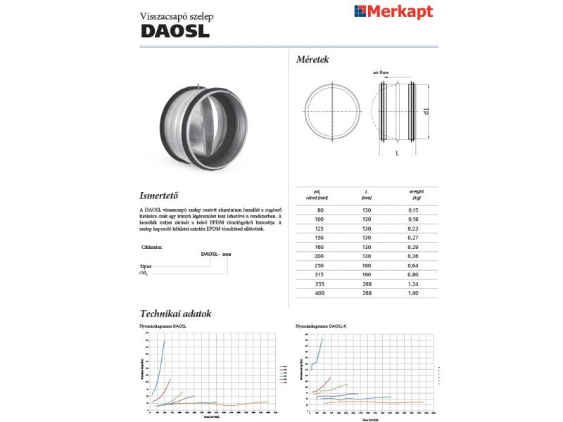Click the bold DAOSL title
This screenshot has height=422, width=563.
pyautogui.click(x=175, y=31)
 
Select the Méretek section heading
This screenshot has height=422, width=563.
pyautogui.click(x=312, y=60)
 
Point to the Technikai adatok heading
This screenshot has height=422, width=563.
pyautogui.click(x=176, y=314)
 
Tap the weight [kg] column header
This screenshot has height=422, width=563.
pyautogui.click(x=416, y=194)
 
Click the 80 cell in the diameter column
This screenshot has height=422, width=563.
pyautogui.click(x=321, y=210)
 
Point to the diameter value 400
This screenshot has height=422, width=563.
pyautogui.click(x=321, y=292)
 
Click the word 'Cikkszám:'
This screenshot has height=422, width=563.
pyautogui.click(x=152, y=247)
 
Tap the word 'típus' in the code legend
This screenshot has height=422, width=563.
pyautogui.click(x=146, y=267)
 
